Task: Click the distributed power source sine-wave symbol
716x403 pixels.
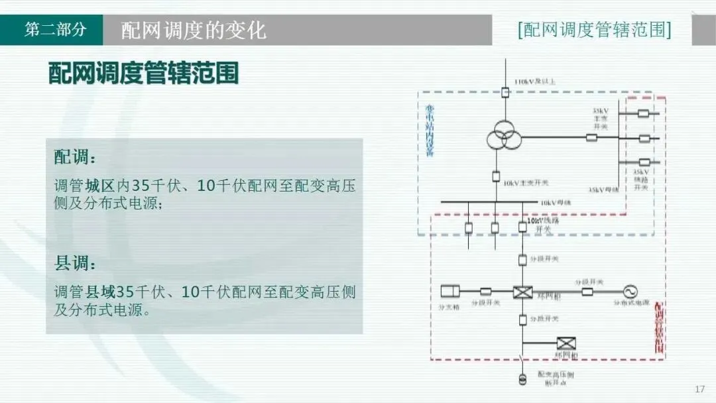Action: (x=627, y=291)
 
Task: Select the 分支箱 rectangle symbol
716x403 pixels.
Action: (x=451, y=291)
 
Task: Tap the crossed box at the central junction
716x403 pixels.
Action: (x=522, y=291)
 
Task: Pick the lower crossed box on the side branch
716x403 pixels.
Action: (x=566, y=343)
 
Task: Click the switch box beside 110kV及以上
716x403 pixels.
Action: (x=505, y=93)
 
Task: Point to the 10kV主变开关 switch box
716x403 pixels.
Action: (x=496, y=176)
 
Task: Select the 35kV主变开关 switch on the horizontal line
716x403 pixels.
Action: (x=591, y=138)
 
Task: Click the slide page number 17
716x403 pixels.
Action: (x=699, y=389)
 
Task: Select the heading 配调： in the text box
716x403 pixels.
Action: (x=75, y=158)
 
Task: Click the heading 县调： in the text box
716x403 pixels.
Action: (x=75, y=263)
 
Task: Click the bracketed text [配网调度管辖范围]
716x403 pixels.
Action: (x=593, y=30)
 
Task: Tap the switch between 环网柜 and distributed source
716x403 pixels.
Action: (x=587, y=291)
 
